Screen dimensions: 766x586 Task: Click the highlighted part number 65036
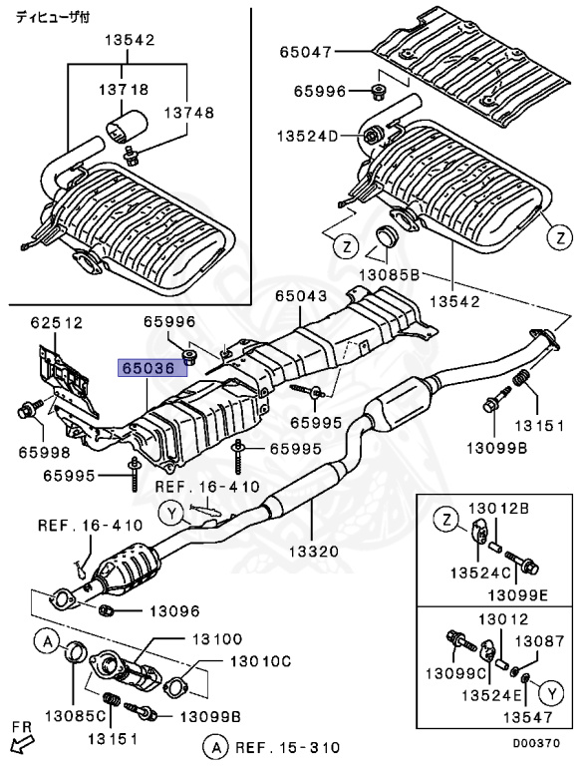[149, 367]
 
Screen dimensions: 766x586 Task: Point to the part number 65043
[302, 296]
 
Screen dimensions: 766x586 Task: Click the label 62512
[56, 322]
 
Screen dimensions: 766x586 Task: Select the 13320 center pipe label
[314, 550]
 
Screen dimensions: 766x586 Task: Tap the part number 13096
[174, 610]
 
